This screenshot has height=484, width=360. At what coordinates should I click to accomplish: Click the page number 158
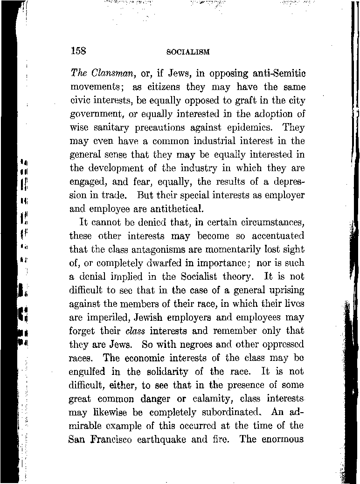pos(78,51)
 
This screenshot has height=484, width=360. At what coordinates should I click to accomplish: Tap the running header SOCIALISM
pos(187,52)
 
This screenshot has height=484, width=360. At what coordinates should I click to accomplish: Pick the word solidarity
pos(175,372)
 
